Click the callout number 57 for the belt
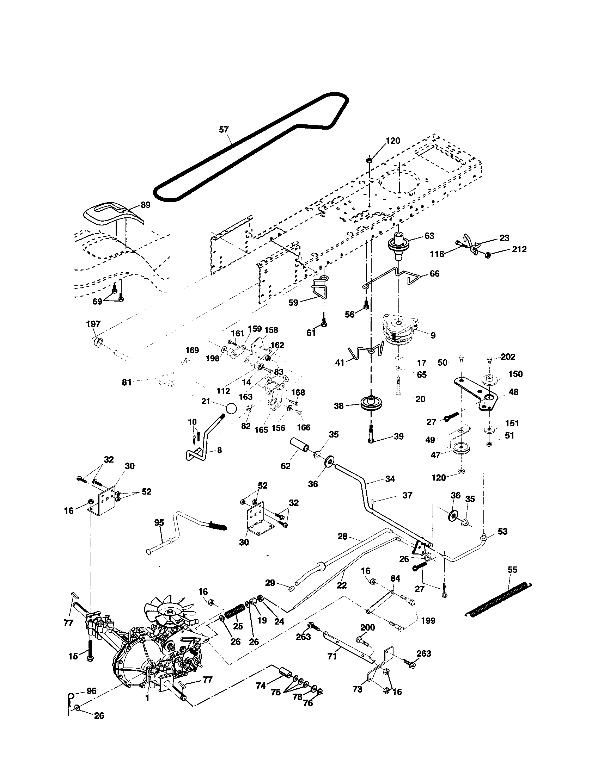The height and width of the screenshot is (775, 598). [x=224, y=130]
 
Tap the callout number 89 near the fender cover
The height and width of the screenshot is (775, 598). [x=145, y=205]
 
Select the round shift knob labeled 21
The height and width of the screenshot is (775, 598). [x=231, y=408]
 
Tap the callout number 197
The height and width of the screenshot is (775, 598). [x=93, y=324]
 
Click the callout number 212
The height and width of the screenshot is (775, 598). [x=519, y=249]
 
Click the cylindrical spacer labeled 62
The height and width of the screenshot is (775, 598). [x=300, y=445]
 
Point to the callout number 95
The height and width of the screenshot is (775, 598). [x=159, y=522]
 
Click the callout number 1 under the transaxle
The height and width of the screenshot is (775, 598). [x=147, y=698]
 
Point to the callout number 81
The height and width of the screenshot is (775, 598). [x=127, y=382]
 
